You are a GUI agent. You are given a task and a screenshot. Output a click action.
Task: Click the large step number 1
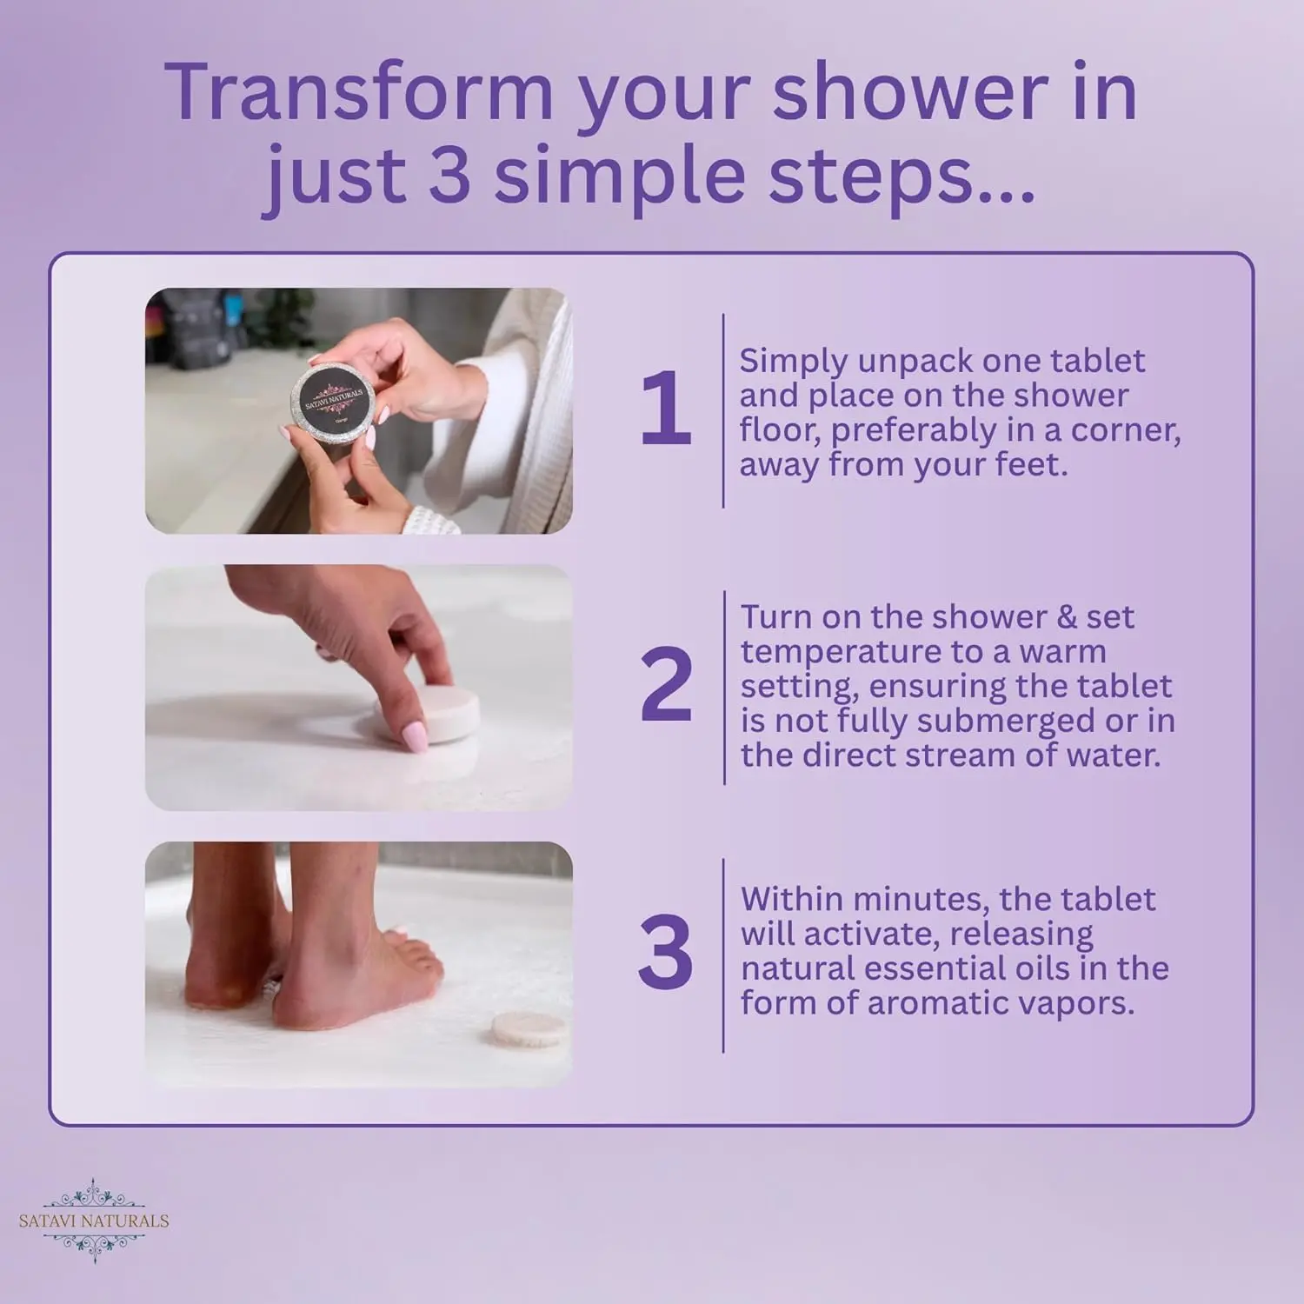665,409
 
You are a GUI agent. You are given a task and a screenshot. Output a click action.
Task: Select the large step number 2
666,686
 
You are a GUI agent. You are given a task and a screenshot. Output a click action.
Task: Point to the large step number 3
666,955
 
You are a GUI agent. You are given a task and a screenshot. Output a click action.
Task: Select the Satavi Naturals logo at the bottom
94,1220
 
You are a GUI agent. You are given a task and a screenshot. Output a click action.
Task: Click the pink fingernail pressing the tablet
414,739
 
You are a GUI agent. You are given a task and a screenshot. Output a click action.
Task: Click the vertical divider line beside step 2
724,687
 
